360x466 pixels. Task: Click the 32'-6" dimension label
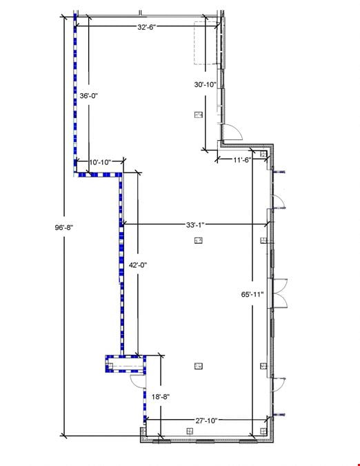point(147,27)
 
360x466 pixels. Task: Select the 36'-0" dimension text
point(88,96)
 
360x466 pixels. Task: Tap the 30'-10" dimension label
point(206,84)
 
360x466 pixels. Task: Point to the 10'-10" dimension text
point(100,162)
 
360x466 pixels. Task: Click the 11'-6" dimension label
point(242,160)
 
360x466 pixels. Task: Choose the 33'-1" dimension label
point(195,225)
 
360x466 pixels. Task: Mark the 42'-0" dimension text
point(138,265)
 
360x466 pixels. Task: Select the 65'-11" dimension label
point(252,294)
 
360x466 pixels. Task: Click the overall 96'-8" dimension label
point(64,228)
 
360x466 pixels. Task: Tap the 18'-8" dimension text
point(161,396)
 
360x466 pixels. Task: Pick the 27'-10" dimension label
point(206,420)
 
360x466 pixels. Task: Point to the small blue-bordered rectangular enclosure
point(126,365)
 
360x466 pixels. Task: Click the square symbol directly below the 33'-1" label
point(199,240)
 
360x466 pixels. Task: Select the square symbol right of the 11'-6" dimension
point(263,154)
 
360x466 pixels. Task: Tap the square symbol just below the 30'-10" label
point(199,115)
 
